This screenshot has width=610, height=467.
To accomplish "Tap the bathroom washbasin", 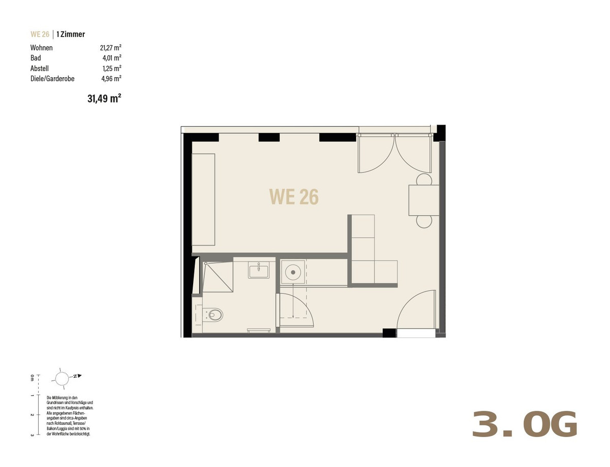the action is coord(259,270).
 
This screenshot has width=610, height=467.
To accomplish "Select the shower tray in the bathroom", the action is coord(218,277).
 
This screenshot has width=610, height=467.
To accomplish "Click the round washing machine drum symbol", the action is coord(293,272).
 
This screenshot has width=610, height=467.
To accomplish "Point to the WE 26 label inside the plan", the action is coord(294,196).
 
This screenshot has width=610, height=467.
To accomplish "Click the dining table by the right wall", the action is coord(424,200).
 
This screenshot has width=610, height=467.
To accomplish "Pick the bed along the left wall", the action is coord(203,199).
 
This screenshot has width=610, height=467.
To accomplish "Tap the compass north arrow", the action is coord(80,376).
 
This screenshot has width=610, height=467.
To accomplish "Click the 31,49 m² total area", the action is coord(104,98).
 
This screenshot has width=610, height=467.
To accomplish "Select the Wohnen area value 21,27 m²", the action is coord(111,48).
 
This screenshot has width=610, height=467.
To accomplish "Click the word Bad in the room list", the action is coord(36,58).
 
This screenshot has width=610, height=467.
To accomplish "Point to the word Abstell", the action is coord(40,69).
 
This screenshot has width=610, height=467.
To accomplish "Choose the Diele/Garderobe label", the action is coord(52,79).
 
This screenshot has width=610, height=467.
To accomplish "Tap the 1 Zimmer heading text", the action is coord(71,34).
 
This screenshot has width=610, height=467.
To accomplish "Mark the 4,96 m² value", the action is coord(111,79).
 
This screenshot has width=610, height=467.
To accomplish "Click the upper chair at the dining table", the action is coord(424,179).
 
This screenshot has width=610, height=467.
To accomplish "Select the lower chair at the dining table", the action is coord(424,222).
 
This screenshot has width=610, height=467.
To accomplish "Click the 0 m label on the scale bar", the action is coord(32,378).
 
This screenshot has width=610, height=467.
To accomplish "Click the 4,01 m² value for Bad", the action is coord(112,58).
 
